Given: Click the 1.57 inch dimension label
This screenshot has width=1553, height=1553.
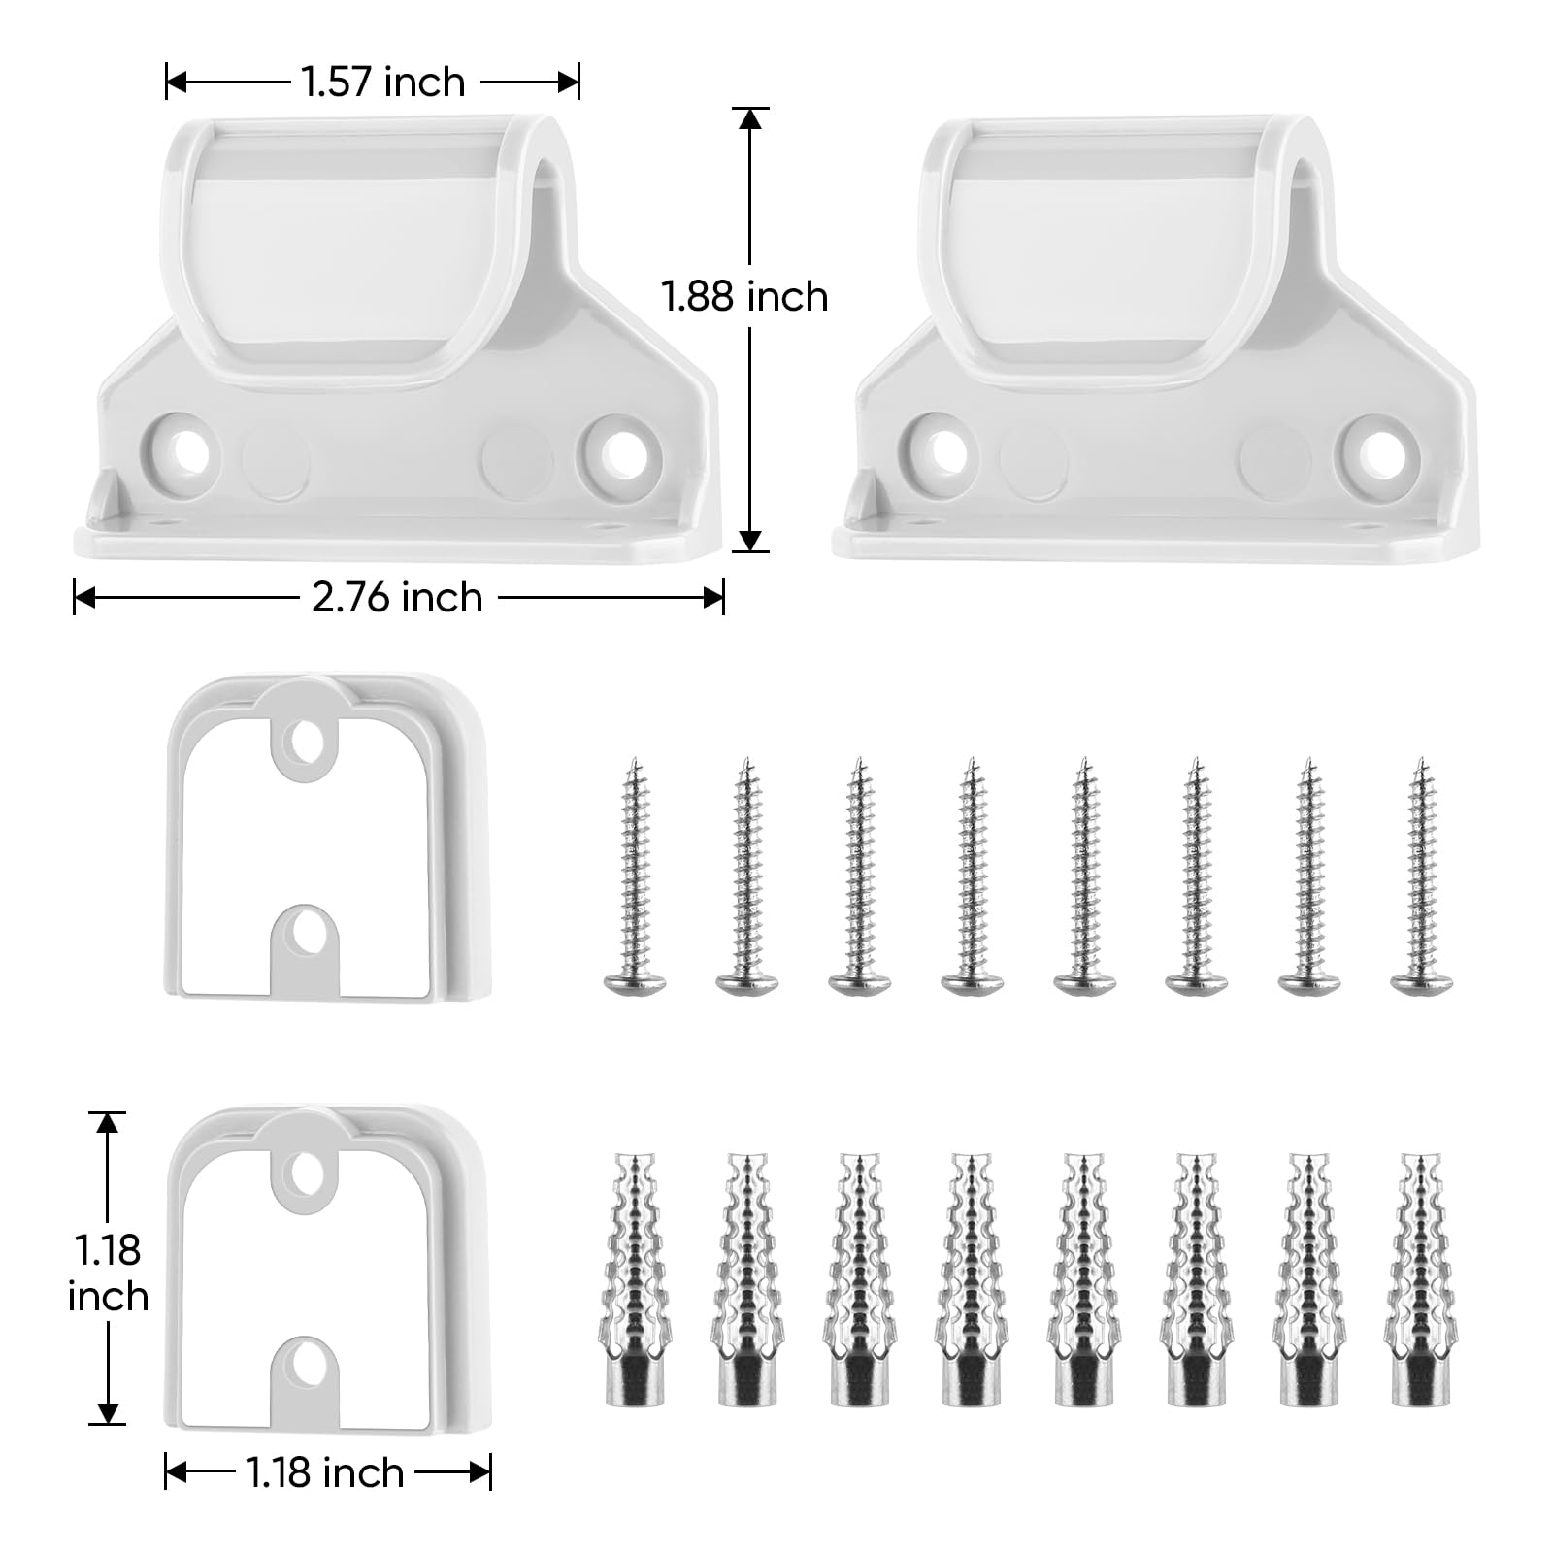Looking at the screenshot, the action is [x=383, y=82].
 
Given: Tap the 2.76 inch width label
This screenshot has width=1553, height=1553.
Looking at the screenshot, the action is [x=397, y=597].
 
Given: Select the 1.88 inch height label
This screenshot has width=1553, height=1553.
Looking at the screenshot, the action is [x=744, y=296].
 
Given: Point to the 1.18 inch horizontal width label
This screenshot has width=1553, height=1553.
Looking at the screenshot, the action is [x=324, y=1472].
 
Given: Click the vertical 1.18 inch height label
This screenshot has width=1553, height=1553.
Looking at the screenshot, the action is [x=108, y=1272].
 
